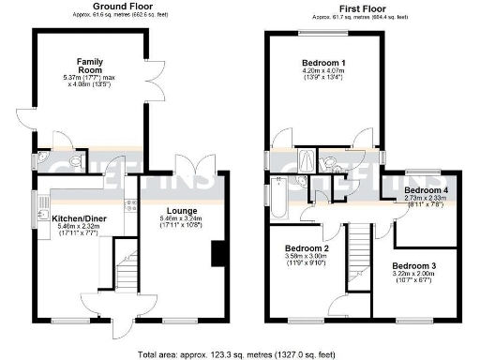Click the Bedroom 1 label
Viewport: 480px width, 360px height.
(x=324, y=60)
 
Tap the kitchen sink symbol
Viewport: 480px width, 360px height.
(x=41, y=215)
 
